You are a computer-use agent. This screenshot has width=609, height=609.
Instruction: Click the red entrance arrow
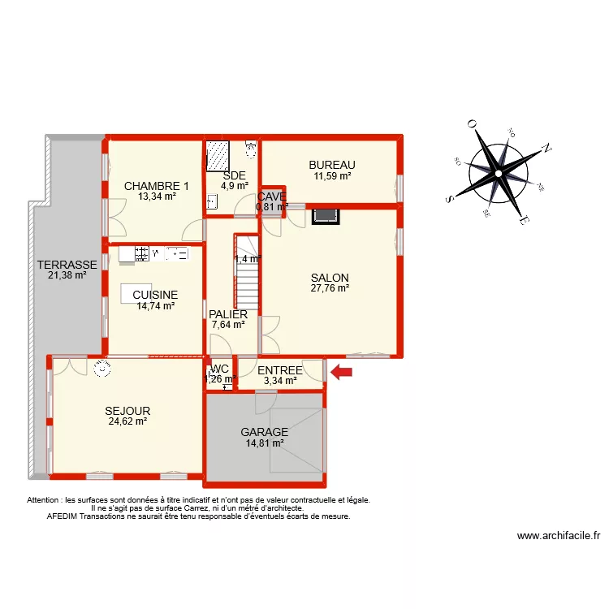(341, 373)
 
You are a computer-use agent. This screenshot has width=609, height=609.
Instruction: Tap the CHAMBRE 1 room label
(157, 186)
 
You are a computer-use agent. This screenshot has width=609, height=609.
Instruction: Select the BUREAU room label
(332, 165)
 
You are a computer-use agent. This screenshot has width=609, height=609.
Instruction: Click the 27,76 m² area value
(330, 287)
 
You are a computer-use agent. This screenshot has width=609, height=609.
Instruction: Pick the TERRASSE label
(67, 265)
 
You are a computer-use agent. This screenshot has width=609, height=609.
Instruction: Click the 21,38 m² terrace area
(67, 275)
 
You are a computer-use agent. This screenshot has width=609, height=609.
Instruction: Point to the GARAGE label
(264, 432)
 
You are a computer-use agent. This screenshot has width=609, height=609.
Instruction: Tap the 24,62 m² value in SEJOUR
(127, 421)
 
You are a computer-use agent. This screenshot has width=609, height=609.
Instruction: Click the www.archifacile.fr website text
(558, 536)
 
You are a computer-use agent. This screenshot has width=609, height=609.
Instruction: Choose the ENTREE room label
(280, 371)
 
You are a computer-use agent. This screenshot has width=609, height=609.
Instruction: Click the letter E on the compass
(525, 222)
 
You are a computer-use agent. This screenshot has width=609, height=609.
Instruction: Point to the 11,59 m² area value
(332, 175)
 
